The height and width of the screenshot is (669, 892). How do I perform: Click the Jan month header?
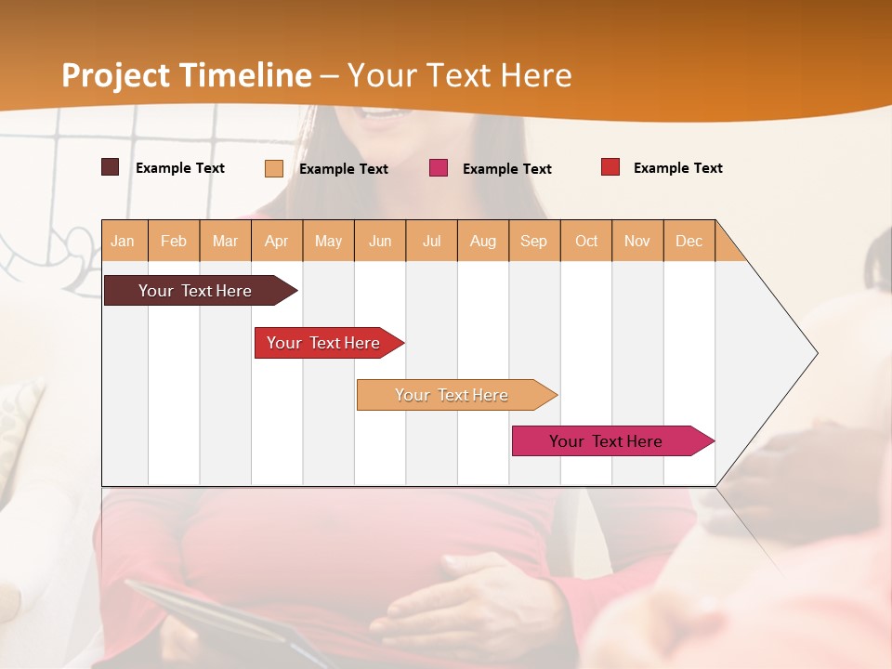coord(124,241)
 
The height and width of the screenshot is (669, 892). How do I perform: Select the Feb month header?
coord(174,241)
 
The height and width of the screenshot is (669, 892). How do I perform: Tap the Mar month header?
coord(225,241)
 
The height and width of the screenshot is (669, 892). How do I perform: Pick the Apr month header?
coord(277,241)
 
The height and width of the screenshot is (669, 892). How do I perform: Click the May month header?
coord(328,241)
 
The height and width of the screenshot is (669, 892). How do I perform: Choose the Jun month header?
coord(380,241)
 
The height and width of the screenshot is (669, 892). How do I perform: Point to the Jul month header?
coord(431,241)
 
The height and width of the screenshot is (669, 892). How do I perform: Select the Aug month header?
coord(483,241)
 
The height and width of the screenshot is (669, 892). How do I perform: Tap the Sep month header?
coord(534,241)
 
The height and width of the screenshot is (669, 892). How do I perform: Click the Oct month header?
coord(586,241)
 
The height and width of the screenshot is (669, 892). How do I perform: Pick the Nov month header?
coord(637,241)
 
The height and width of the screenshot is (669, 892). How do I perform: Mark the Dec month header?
coord(689,241)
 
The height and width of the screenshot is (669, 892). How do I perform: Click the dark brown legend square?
coord(111,167)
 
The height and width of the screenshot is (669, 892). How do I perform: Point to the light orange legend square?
coord(274,168)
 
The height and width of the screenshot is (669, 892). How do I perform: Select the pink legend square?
coord(439,167)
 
